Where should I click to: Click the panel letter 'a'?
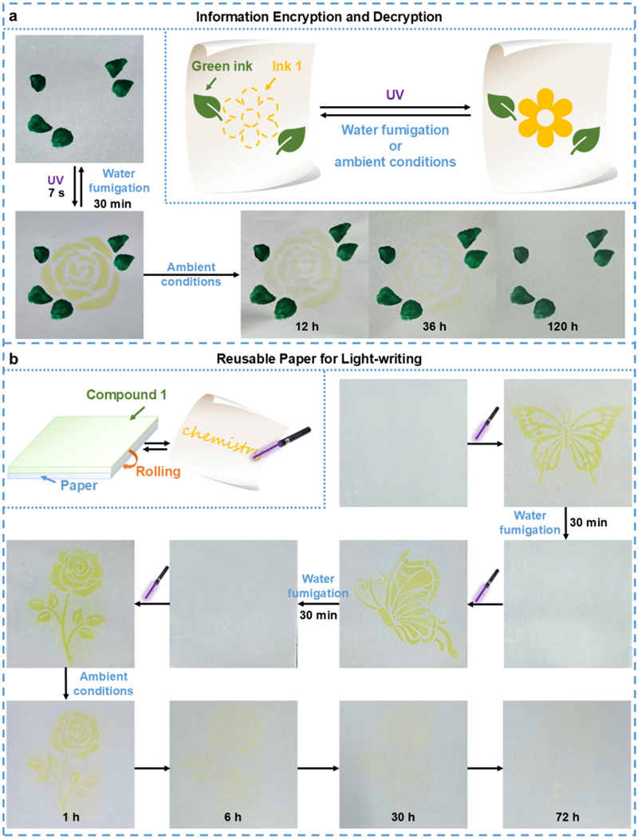(13, 16)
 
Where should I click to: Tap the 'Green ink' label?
(223, 66)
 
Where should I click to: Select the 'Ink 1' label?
(287, 66)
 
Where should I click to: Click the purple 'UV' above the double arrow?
(395, 95)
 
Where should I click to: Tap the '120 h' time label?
(562, 326)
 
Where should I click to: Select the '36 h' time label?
(434, 326)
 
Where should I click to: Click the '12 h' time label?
(307, 326)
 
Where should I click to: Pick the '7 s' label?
(56, 193)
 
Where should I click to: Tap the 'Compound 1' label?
(126, 394)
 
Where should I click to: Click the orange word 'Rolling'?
(158, 471)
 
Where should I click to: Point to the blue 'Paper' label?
(79, 486)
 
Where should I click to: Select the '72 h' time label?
(567, 817)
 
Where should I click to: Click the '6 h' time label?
(233, 817)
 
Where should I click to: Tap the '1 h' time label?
(71, 817)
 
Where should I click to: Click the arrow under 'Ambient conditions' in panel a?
(191, 275)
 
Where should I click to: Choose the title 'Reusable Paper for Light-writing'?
(319, 359)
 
